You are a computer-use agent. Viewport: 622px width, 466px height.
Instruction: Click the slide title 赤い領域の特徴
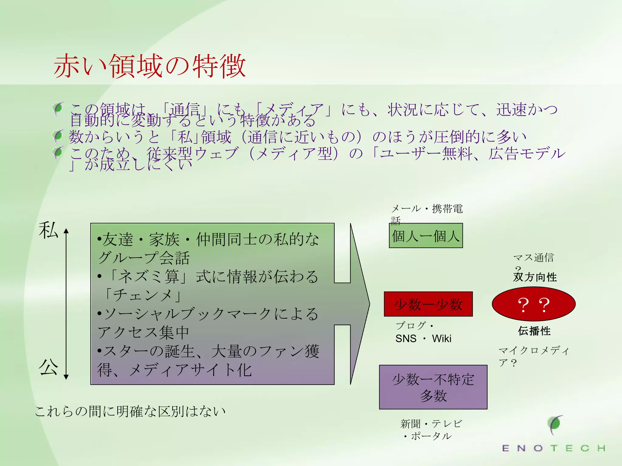coord(150,66)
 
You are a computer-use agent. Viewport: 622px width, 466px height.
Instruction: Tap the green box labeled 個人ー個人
coord(426,236)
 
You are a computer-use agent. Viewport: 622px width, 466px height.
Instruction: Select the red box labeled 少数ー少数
coord(428,304)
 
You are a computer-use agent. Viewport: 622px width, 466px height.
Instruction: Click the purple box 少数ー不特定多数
coord(433,387)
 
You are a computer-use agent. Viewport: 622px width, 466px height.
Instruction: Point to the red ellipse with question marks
coord(534,304)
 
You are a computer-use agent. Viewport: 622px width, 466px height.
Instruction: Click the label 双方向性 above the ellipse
coord(535,277)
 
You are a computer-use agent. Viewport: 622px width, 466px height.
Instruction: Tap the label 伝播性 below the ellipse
coord(534,331)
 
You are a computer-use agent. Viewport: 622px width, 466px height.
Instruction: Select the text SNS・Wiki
coord(423,338)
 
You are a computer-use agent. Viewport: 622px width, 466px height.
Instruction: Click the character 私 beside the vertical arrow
coord(48,230)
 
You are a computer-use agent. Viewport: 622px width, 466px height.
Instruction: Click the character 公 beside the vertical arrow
coord(48,367)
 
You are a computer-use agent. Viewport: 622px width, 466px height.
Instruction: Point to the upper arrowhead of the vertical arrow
coord(66,231)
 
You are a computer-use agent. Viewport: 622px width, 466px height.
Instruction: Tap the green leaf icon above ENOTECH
coord(555,424)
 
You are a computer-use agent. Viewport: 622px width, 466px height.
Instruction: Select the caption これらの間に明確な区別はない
coord(130,411)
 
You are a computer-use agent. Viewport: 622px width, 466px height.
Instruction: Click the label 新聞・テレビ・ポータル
coord(431,430)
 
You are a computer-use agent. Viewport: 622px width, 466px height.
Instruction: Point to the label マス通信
coord(533,258)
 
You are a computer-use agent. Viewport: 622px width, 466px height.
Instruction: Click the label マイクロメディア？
coord(533,356)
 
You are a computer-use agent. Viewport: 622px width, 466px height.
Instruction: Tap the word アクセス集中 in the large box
coord(143,332)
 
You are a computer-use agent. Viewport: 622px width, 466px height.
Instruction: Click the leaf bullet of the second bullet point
coord(58,136)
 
